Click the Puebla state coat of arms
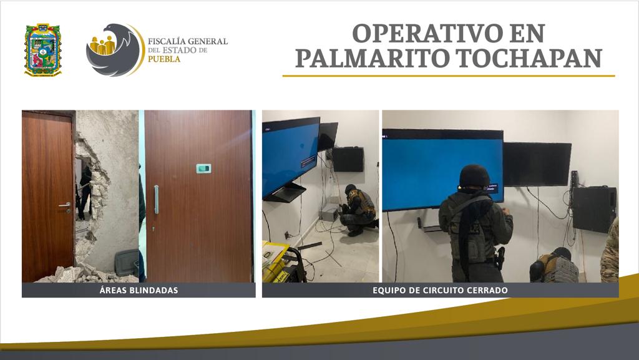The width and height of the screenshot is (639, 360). pos(42,50)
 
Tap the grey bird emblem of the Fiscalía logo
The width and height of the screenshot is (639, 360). pos(112,50)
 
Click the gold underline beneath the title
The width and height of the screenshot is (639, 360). pos(448,75)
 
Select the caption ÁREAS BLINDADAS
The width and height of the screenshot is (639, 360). pos(139,290)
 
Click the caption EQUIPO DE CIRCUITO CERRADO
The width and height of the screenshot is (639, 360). pos(440,290)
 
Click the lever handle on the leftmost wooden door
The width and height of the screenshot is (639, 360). pos(65,204)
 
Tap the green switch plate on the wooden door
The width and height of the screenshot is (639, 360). pos(203,168)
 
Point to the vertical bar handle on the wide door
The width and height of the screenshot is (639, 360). pos(156,199)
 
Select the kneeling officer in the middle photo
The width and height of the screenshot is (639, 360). pos(359,210)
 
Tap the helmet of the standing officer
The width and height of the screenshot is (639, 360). pos(474,177)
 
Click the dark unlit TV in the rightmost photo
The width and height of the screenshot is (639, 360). pos(537,163)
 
